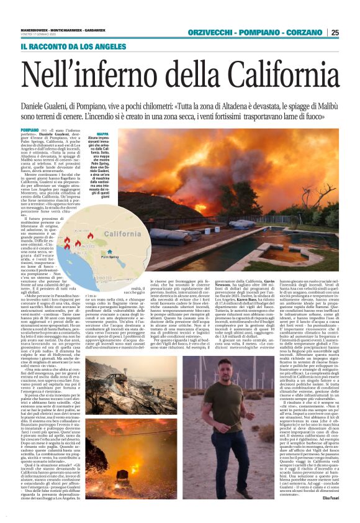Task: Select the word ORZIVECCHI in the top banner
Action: [208, 32]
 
